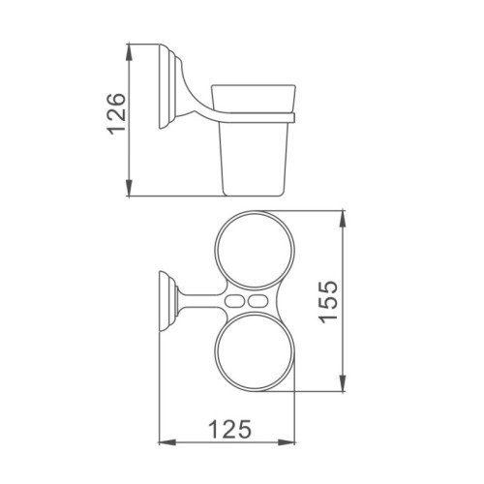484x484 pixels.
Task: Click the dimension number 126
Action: coord(116,114)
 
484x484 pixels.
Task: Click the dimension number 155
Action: coord(328,302)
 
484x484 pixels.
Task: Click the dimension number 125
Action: coord(229,429)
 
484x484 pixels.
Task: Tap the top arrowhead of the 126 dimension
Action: coord(129,51)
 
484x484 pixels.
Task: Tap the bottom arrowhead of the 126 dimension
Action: coord(129,188)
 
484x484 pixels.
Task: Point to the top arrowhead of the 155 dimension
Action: coord(343,219)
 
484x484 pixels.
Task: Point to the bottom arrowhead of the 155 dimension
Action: coord(343,383)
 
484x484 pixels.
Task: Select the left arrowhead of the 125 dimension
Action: coord(167,442)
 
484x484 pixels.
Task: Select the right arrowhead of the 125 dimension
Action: coord(287,442)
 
